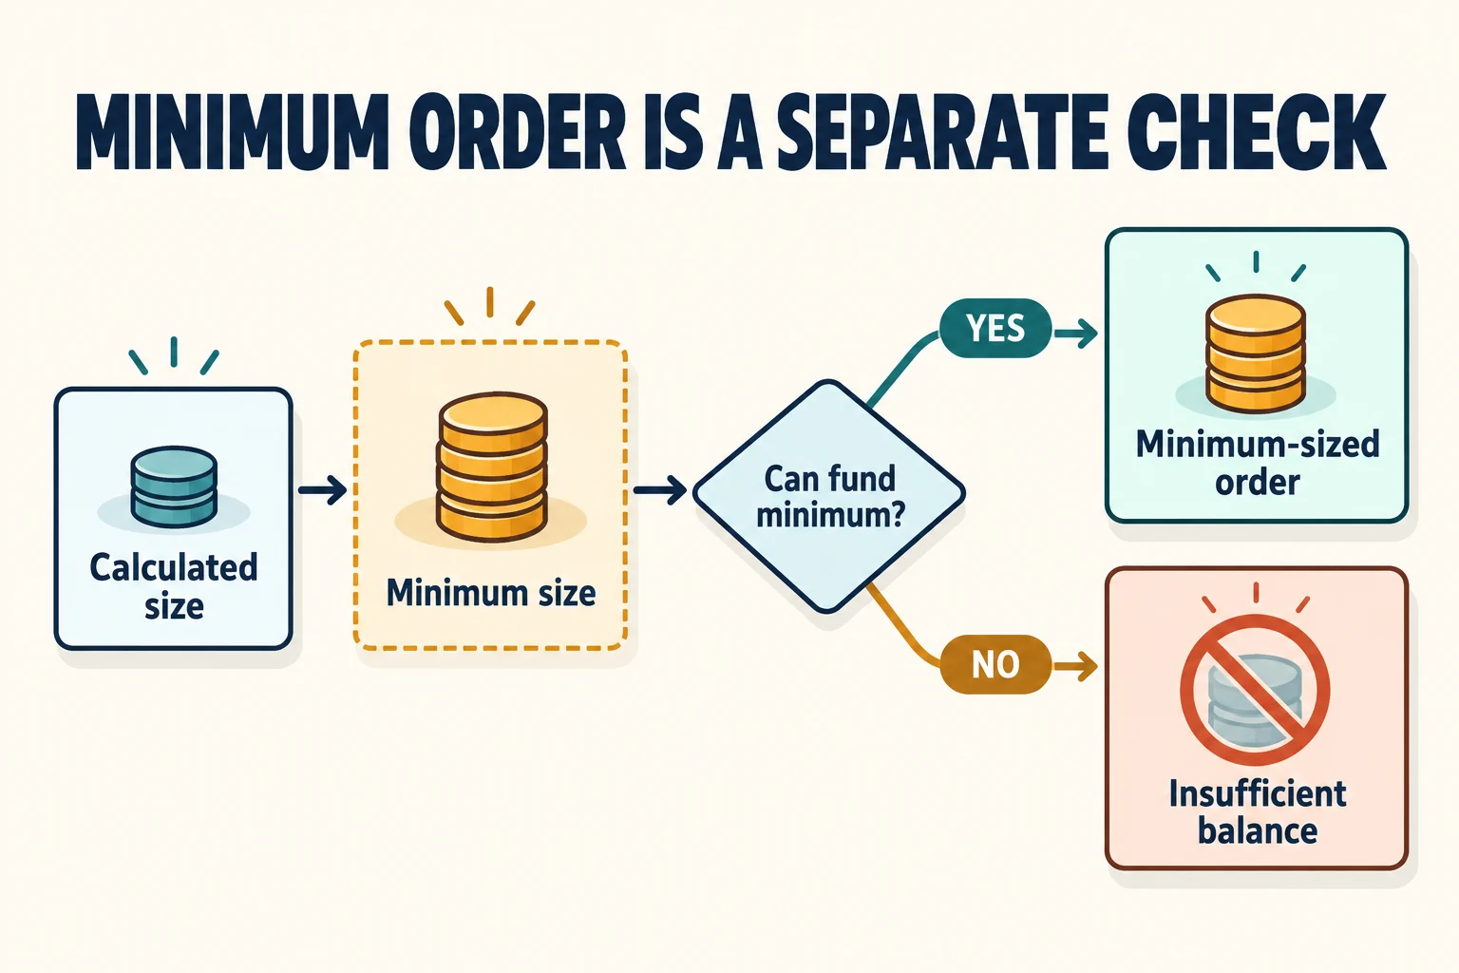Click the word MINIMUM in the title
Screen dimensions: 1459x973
click(x=233, y=133)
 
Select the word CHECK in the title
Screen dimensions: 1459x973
click(x=1257, y=133)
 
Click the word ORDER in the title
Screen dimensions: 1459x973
click(x=521, y=133)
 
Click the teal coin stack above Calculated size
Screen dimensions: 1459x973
click(x=174, y=486)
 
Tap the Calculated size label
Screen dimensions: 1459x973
click(x=174, y=586)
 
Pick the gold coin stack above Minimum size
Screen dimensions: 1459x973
click(x=492, y=467)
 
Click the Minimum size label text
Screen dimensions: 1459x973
click(x=491, y=593)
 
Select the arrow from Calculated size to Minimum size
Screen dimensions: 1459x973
click(x=322, y=490)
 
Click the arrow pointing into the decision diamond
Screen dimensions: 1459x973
click(x=660, y=490)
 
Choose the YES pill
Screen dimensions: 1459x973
click(x=995, y=328)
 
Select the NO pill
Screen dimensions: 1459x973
click(x=995, y=664)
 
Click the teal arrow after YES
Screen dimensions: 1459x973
click(x=1076, y=334)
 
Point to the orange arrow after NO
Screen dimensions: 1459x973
click(x=1076, y=667)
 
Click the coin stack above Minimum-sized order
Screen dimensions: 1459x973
click(x=1256, y=353)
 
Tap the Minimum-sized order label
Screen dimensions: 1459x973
click(x=1258, y=464)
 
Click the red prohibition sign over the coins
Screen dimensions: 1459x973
click(x=1255, y=691)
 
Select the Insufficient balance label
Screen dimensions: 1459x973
click(x=1258, y=812)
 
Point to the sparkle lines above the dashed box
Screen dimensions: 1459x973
click(x=490, y=306)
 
